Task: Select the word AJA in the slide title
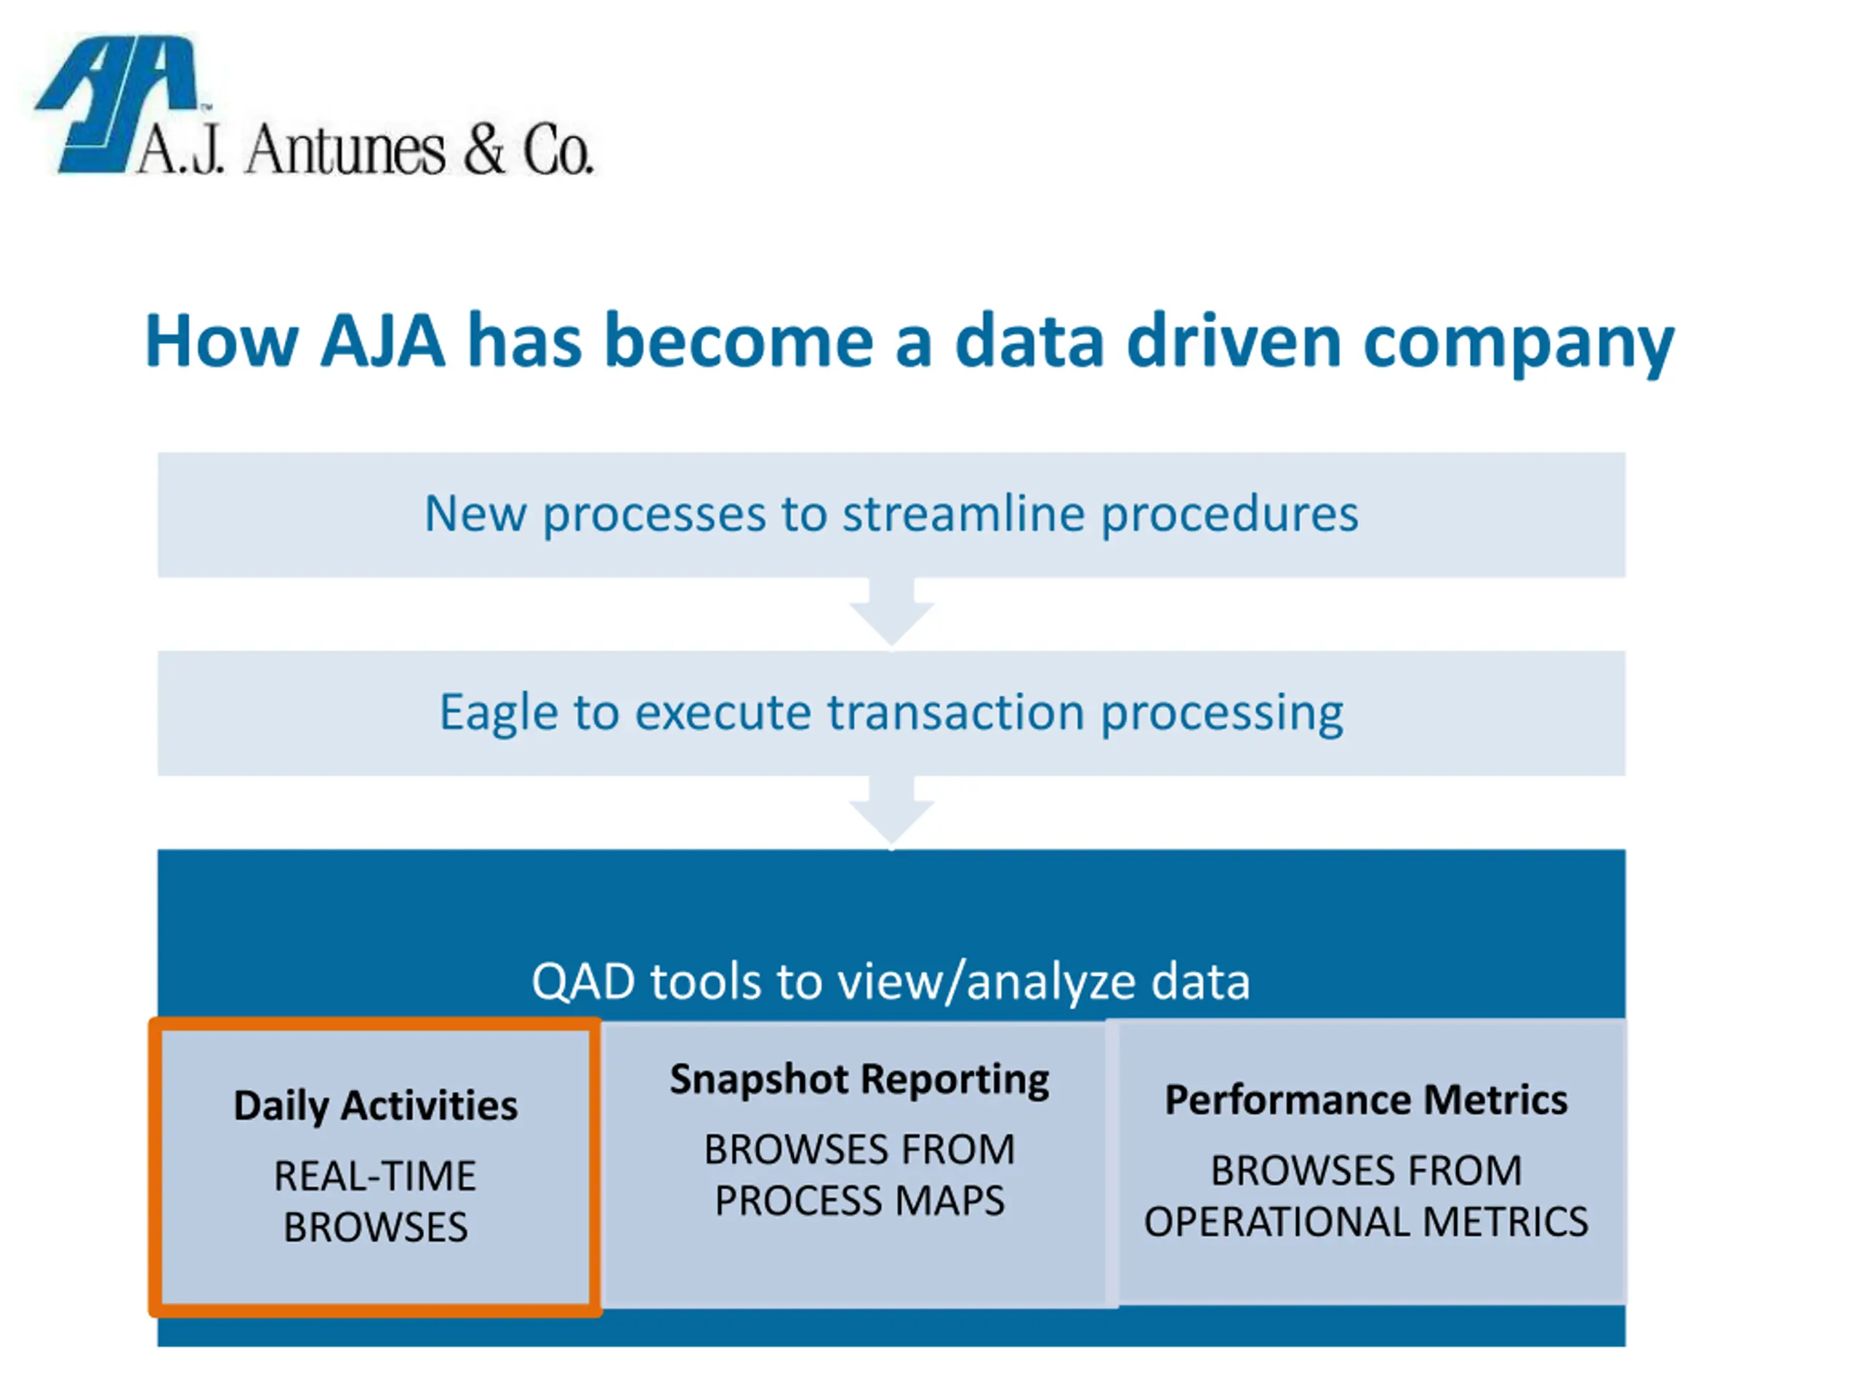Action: pos(383,341)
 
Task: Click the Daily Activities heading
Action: pos(375,1106)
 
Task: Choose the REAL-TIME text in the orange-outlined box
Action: pos(375,1176)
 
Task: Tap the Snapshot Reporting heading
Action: pos(860,1080)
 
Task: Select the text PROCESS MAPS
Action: pos(860,1201)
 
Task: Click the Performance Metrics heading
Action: pos(1366,1100)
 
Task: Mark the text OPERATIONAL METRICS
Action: pos(1366,1221)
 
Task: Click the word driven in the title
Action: pos(1234,341)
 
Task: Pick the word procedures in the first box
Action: pos(1230,515)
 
